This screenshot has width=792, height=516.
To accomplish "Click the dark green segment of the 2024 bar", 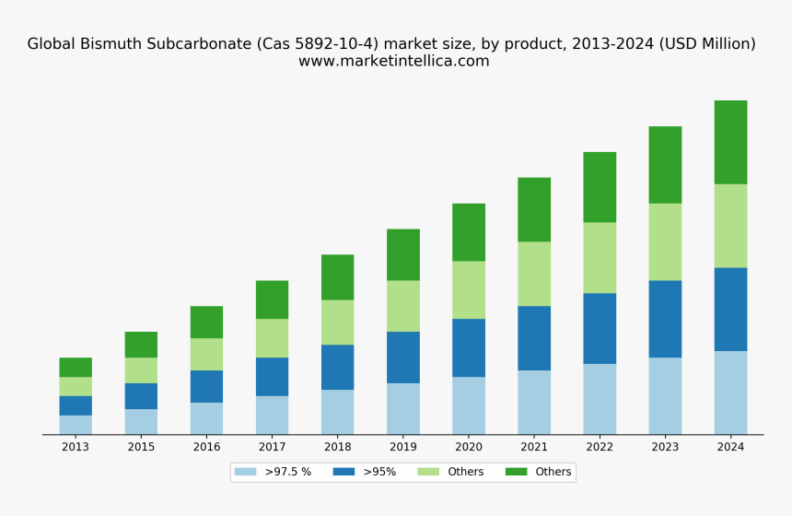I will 730,142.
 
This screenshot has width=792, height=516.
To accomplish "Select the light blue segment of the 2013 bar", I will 76,425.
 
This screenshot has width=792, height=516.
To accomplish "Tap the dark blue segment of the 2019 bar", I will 402,358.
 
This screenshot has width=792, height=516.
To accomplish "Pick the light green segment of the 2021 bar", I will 534,274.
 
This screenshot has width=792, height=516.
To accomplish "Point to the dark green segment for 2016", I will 206,322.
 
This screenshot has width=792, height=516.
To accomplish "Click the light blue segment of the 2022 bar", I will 600,399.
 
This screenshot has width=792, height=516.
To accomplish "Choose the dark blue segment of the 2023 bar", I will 665,319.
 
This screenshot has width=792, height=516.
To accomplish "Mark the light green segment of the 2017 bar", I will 272,338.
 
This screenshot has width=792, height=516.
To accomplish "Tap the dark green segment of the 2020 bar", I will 469,232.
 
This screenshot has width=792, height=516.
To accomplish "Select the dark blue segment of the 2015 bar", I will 141,396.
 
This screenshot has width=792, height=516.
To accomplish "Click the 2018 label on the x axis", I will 337,447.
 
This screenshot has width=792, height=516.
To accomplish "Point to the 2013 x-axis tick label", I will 76,447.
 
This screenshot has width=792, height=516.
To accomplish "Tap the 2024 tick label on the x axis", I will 730,447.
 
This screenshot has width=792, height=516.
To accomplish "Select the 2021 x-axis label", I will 534,447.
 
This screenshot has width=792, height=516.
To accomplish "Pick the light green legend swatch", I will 428,472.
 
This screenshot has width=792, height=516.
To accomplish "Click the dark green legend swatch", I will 516,472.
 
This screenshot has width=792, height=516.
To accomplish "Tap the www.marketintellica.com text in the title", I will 393,62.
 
